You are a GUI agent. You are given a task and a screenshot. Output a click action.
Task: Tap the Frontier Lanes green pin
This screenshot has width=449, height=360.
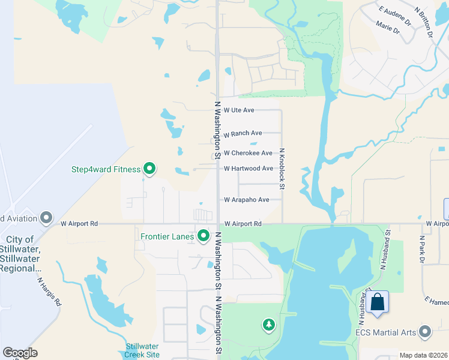pyautogui.click(x=203, y=236)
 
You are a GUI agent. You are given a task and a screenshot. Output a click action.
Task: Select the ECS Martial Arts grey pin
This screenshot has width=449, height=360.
pyautogui.click(x=426, y=332)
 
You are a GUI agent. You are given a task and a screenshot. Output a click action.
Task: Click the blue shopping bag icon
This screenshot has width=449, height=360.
pyautogui.click(x=378, y=302)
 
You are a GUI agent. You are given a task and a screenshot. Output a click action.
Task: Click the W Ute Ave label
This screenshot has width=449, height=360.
pyautogui.click(x=239, y=110)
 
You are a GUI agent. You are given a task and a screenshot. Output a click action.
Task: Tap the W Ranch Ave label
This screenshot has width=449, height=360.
pyautogui.click(x=243, y=133)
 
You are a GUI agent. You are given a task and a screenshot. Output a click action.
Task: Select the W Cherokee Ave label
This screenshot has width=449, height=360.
pyautogui.click(x=248, y=154)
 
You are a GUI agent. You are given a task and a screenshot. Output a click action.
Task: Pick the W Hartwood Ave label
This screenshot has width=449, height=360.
pyautogui.click(x=249, y=169)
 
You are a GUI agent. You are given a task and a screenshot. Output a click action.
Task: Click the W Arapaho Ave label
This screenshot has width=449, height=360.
pyautogui.click(x=246, y=200)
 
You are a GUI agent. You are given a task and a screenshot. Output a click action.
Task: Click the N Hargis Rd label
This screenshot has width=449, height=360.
pyautogui.click(x=49, y=291)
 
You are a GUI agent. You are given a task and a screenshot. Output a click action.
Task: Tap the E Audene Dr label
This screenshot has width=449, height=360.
pyautogui.click(x=394, y=12)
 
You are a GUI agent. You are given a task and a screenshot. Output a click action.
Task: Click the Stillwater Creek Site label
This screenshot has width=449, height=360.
pyautogui.click(x=143, y=351)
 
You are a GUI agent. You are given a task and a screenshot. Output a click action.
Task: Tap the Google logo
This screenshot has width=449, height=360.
pyautogui.click(x=20, y=353)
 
